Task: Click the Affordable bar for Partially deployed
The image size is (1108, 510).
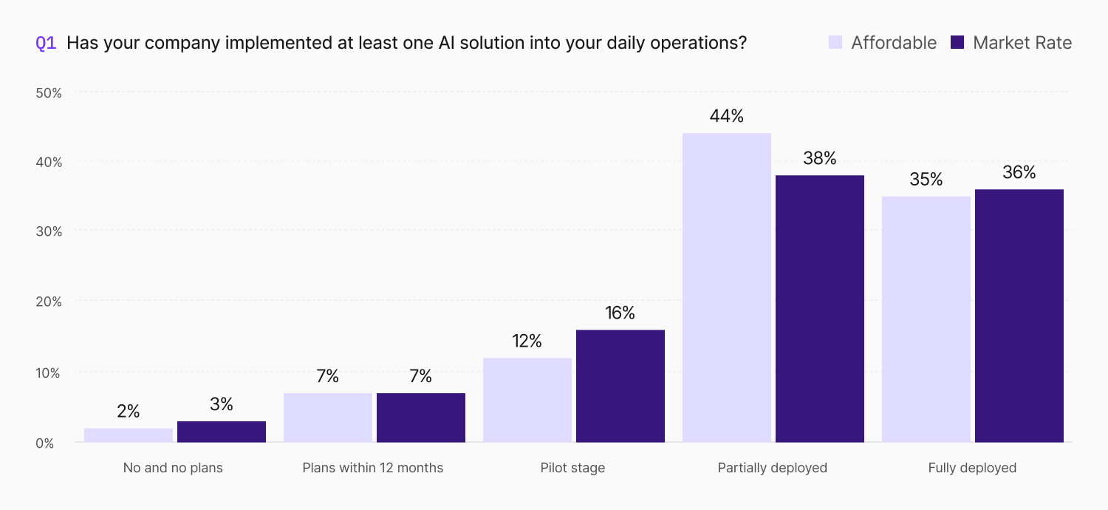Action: pos(727,288)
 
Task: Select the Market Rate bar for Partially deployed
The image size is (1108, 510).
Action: pos(820,309)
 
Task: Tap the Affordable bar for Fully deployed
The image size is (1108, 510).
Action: pos(926,319)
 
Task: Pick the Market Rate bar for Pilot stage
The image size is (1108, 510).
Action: pos(620,387)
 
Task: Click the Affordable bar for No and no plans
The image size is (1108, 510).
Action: pos(129,435)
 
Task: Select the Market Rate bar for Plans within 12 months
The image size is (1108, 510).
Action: pos(421,418)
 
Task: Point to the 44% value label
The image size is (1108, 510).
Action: pos(727,116)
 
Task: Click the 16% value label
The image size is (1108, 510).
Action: pos(620,313)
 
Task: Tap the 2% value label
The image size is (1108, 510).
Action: pos(129,411)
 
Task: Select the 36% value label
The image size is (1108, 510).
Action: pos(1019,172)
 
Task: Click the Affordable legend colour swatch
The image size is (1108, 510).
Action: pos(835,43)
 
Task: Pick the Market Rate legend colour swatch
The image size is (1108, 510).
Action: pos(957,43)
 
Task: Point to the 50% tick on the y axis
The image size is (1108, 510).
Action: pos(49,93)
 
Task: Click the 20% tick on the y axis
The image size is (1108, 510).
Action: pos(49,302)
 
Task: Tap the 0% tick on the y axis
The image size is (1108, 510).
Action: pos(44,443)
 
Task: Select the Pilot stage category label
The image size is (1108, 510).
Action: pos(572,468)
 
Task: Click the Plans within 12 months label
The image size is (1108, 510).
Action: pos(373,468)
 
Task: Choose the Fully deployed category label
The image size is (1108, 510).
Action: pos(972,468)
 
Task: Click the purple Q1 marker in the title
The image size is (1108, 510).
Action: pos(46,43)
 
